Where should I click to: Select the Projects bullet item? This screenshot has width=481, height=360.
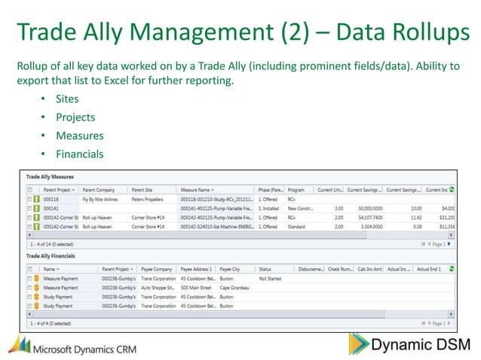point(75,117)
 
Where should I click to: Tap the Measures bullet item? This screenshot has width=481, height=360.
point(78,136)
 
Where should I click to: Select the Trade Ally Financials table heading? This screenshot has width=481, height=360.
point(54,256)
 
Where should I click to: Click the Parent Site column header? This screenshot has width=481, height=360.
point(142,190)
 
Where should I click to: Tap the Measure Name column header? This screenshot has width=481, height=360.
point(196,190)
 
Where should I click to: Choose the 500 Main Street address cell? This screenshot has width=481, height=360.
point(196,287)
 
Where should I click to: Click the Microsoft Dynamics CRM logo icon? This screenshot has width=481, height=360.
point(20,345)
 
